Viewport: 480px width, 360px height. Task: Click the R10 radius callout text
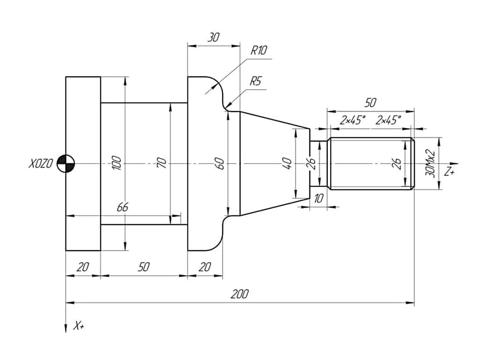coord(258,51)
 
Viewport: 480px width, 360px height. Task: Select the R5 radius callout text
coord(255,81)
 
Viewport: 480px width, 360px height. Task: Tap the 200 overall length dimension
coord(240,294)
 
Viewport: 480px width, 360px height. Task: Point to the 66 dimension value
coord(122,208)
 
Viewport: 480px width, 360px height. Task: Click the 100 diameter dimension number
coord(117,163)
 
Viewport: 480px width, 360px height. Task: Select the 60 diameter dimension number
coord(220,164)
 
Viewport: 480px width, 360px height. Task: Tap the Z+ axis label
coord(450,172)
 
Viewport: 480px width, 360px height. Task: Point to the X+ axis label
coord(79,326)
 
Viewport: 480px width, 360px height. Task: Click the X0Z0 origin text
coord(40,164)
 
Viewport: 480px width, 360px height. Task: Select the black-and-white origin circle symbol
coord(65,164)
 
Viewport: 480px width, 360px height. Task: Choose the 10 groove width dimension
coord(319,199)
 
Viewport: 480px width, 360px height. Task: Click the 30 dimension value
coord(213,37)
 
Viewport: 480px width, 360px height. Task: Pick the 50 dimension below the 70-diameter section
coord(144,267)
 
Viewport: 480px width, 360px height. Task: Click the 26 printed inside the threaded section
coord(397,163)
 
